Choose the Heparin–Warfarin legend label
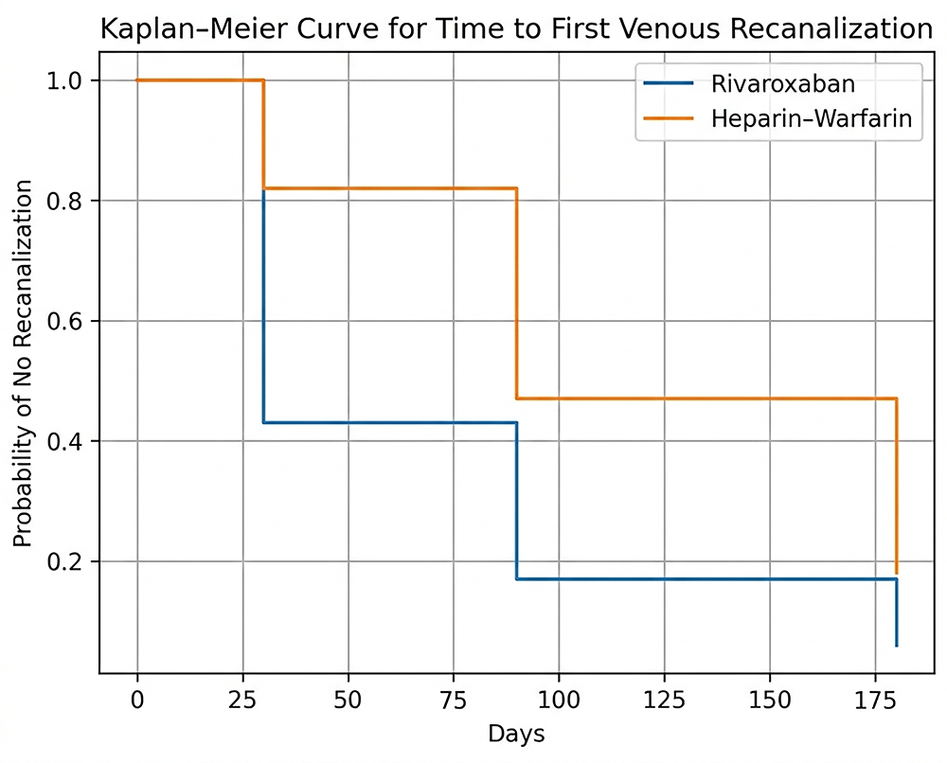click(x=801, y=118)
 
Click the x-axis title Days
click(x=516, y=734)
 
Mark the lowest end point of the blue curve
click(x=896, y=646)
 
